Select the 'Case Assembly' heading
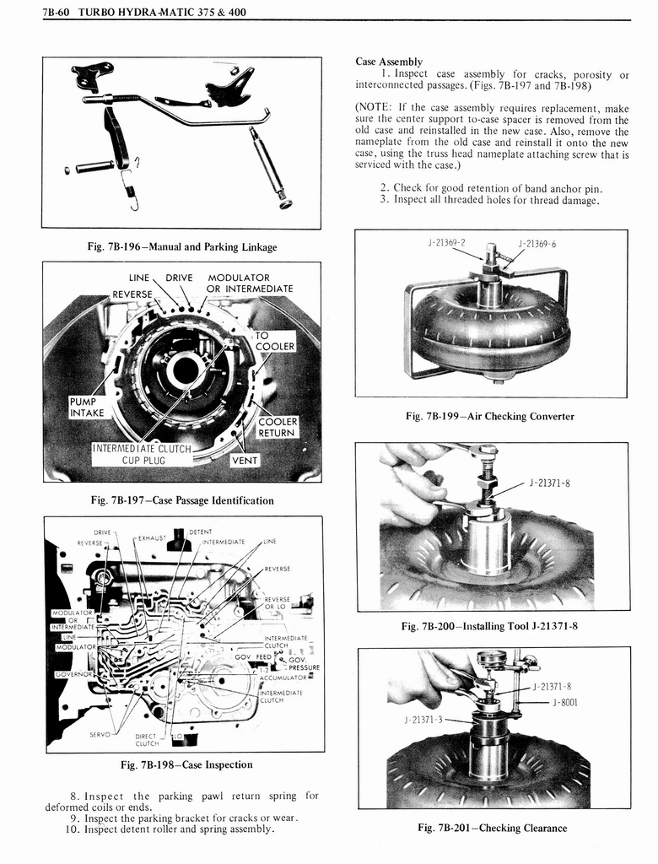[x=389, y=62]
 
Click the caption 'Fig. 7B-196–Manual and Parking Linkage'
[x=182, y=247]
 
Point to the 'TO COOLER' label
[x=274, y=341]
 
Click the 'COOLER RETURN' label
[x=276, y=427]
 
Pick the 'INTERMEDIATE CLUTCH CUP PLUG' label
[x=142, y=455]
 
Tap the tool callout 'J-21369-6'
[x=537, y=244]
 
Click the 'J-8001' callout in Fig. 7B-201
[x=564, y=701]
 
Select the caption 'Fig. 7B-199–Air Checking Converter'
[x=489, y=416]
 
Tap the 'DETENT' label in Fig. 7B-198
[x=201, y=532]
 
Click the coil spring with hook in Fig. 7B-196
[x=132, y=189]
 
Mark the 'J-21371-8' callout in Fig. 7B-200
[x=550, y=483]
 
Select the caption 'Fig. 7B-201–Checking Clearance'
[x=492, y=828]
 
